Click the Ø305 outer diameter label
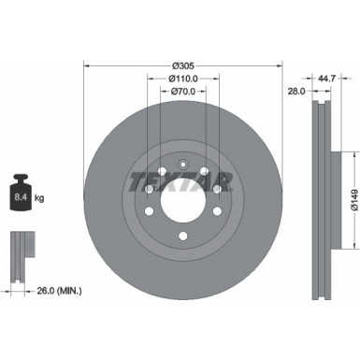point(182,65)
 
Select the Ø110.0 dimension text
point(182,78)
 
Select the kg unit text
point(39,198)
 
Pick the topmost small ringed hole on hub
point(183,163)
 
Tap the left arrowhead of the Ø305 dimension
point(87,65)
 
